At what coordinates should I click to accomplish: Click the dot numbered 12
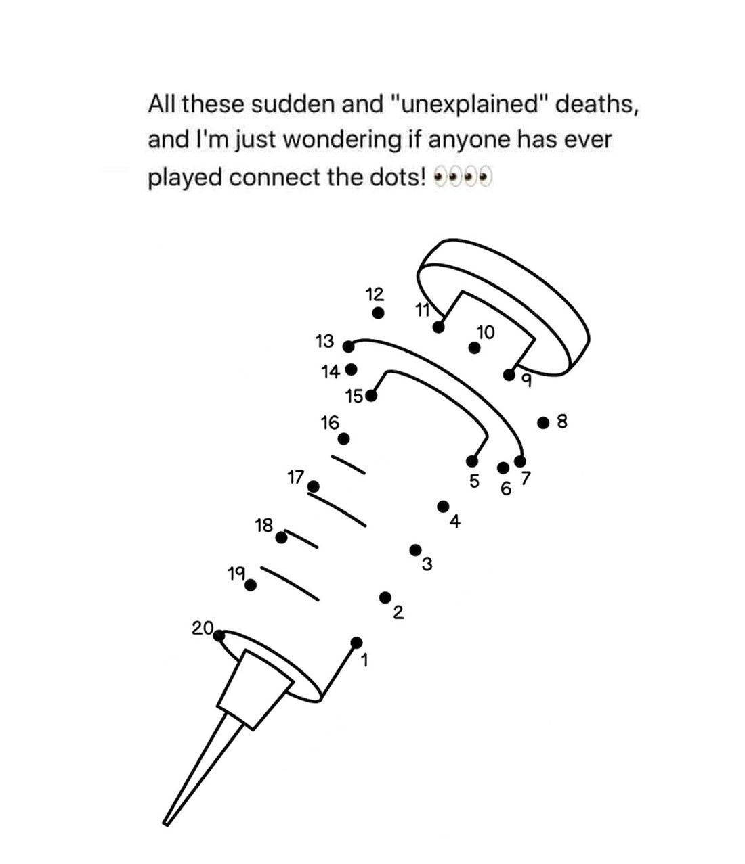click(x=379, y=313)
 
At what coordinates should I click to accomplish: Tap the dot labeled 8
click(x=543, y=423)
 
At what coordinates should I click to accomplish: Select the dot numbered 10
click(x=475, y=348)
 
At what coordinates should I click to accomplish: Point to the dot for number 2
click(x=385, y=597)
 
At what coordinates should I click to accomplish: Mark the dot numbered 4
click(x=443, y=506)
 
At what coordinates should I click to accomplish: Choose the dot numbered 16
click(x=344, y=438)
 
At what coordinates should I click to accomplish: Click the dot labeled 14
click(x=351, y=369)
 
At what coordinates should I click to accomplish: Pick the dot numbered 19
click(x=251, y=585)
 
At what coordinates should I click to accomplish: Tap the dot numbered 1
click(x=357, y=642)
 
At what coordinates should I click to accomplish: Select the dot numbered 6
click(x=503, y=468)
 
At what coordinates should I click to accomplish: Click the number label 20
click(x=202, y=628)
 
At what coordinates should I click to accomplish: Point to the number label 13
click(x=325, y=342)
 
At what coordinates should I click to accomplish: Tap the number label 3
click(x=427, y=565)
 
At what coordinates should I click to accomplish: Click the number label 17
click(x=295, y=478)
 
